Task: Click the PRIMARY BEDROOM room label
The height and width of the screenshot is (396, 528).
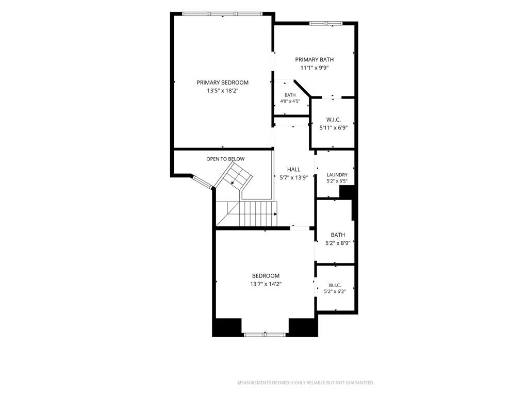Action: coord(223,82)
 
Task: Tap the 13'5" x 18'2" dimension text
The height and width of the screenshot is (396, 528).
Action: coord(223,91)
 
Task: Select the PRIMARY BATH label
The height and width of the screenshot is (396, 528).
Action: coord(315,60)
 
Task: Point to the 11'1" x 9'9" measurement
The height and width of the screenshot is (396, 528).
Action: coord(315,68)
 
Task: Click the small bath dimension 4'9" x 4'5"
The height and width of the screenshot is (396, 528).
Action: coord(290,101)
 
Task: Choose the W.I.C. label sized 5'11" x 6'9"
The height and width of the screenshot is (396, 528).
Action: coord(334,120)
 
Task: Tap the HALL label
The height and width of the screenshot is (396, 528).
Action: coord(293,169)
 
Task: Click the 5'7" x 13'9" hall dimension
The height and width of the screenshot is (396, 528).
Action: coord(293,177)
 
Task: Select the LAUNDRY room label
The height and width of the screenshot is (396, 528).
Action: coord(337,175)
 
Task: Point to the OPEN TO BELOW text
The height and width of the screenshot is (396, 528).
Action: coord(226,159)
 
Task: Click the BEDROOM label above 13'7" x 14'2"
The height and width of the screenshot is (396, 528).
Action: coord(266,276)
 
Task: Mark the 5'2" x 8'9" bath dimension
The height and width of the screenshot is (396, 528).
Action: coord(338,243)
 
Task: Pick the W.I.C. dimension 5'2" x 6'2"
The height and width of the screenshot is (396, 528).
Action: coord(335,292)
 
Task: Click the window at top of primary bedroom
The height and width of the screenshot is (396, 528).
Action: coord(222,14)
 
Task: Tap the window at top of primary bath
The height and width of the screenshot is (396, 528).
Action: coord(326,23)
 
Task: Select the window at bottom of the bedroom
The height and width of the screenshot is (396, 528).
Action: coord(265,335)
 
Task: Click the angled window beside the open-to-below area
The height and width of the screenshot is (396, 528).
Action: coord(202,181)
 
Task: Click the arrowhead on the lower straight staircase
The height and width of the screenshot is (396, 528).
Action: coord(275,214)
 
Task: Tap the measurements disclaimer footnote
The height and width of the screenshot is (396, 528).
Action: coord(306,383)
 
